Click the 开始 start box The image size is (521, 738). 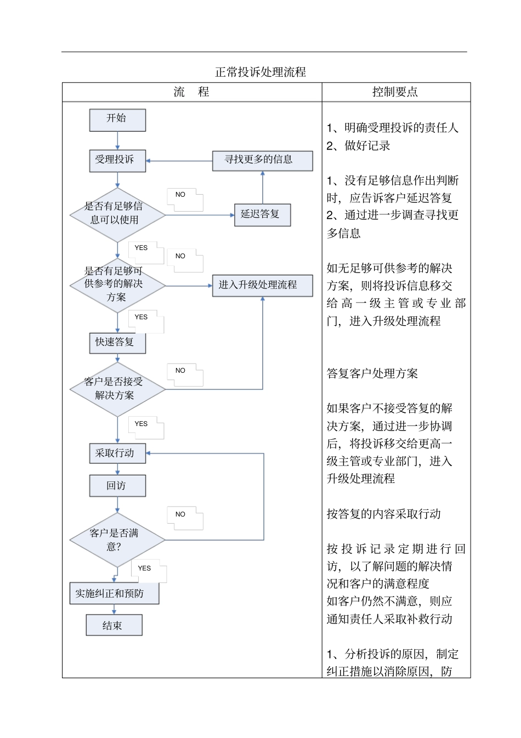[x=117, y=120]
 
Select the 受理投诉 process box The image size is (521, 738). [x=117, y=160]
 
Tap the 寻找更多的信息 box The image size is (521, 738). [x=262, y=160]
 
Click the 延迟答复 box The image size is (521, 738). [x=262, y=214]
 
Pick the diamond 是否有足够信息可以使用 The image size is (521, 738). [x=117, y=214]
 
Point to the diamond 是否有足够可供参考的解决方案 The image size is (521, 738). [x=117, y=285]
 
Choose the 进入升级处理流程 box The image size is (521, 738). [x=262, y=285]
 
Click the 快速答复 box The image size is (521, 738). [x=117, y=343]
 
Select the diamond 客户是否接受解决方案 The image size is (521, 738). [x=117, y=389]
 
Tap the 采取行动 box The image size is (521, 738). [x=117, y=453]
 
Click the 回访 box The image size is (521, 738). [x=117, y=486]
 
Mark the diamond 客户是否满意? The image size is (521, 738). [x=117, y=540]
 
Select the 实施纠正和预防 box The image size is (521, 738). [x=114, y=593]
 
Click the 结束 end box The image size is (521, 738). [x=114, y=625]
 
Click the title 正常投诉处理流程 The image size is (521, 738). [x=260, y=72]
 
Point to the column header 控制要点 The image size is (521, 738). [x=395, y=92]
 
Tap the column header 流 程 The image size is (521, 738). [x=191, y=92]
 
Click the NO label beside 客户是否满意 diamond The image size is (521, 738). [x=180, y=514]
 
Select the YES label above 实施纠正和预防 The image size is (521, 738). [x=144, y=568]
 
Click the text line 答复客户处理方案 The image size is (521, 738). [x=372, y=373]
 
